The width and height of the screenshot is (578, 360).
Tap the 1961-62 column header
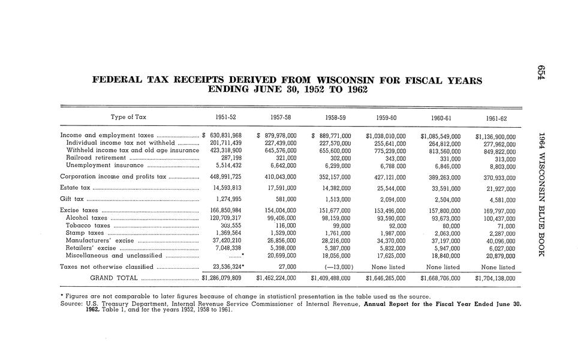tap(497, 118)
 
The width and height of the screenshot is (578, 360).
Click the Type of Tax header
tap(128, 117)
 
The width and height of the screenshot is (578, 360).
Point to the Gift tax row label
tap(72, 199)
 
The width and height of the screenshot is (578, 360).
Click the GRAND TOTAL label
tap(113, 278)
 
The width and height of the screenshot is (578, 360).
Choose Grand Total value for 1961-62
tap(495, 278)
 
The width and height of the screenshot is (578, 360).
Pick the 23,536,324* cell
tap(227, 267)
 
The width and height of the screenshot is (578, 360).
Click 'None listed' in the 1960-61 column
tap(442, 267)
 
